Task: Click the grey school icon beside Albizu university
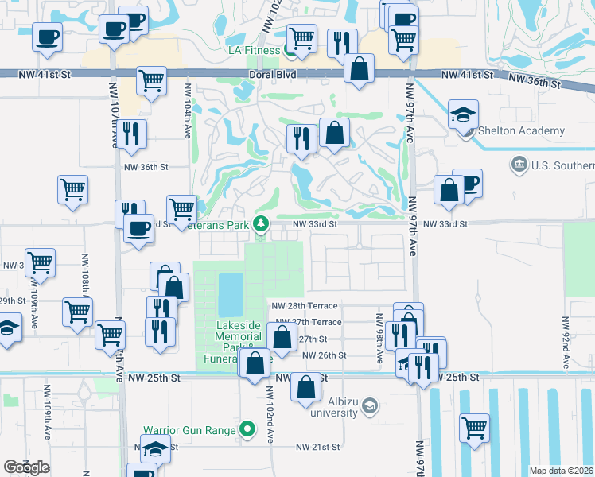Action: point(369,407)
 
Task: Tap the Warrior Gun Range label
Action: point(189,430)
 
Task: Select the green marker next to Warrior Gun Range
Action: point(247,430)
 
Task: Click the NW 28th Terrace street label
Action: point(305,305)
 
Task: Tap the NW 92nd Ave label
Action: point(566,343)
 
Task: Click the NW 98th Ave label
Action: point(379,334)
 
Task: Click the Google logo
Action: point(26,467)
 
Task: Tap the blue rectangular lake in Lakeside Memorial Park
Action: point(230,293)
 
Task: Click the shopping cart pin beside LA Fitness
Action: point(301,37)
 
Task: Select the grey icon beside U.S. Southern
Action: point(519,165)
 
